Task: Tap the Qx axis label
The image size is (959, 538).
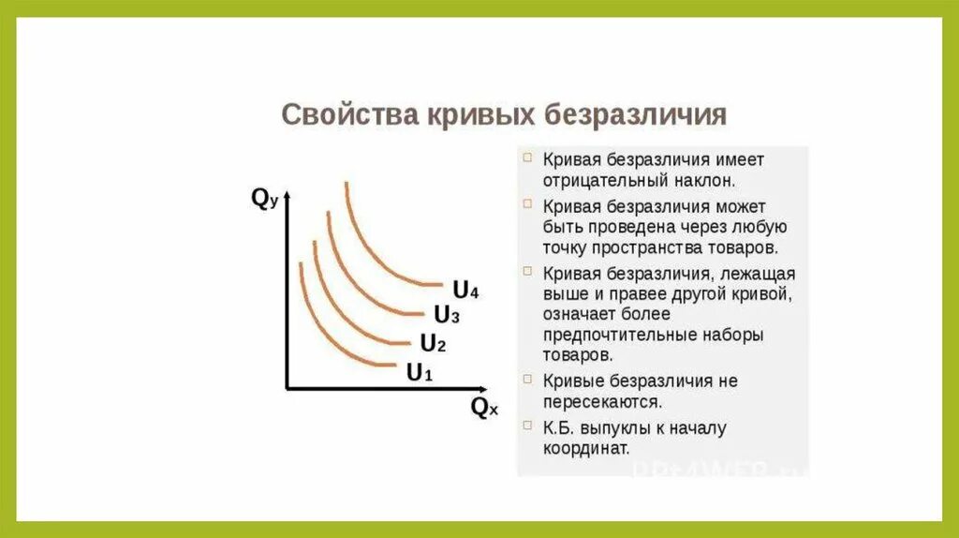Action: pyautogui.click(x=484, y=408)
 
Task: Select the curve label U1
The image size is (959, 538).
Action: pyautogui.click(x=419, y=372)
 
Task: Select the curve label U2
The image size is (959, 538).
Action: pyautogui.click(x=433, y=343)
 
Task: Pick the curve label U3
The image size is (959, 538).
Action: pyautogui.click(x=447, y=315)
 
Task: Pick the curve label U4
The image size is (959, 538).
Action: pyautogui.click(x=465, y=290)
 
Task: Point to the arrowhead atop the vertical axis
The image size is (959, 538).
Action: pyautogui.click(x=287, y=195)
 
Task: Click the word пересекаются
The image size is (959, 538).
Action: pyautogui.click(x=601, y=401)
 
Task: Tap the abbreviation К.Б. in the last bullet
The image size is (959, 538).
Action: pyautogui.click(x=559, y=427)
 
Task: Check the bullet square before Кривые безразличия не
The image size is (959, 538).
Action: pyautogui.click(x=528, y=380)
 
